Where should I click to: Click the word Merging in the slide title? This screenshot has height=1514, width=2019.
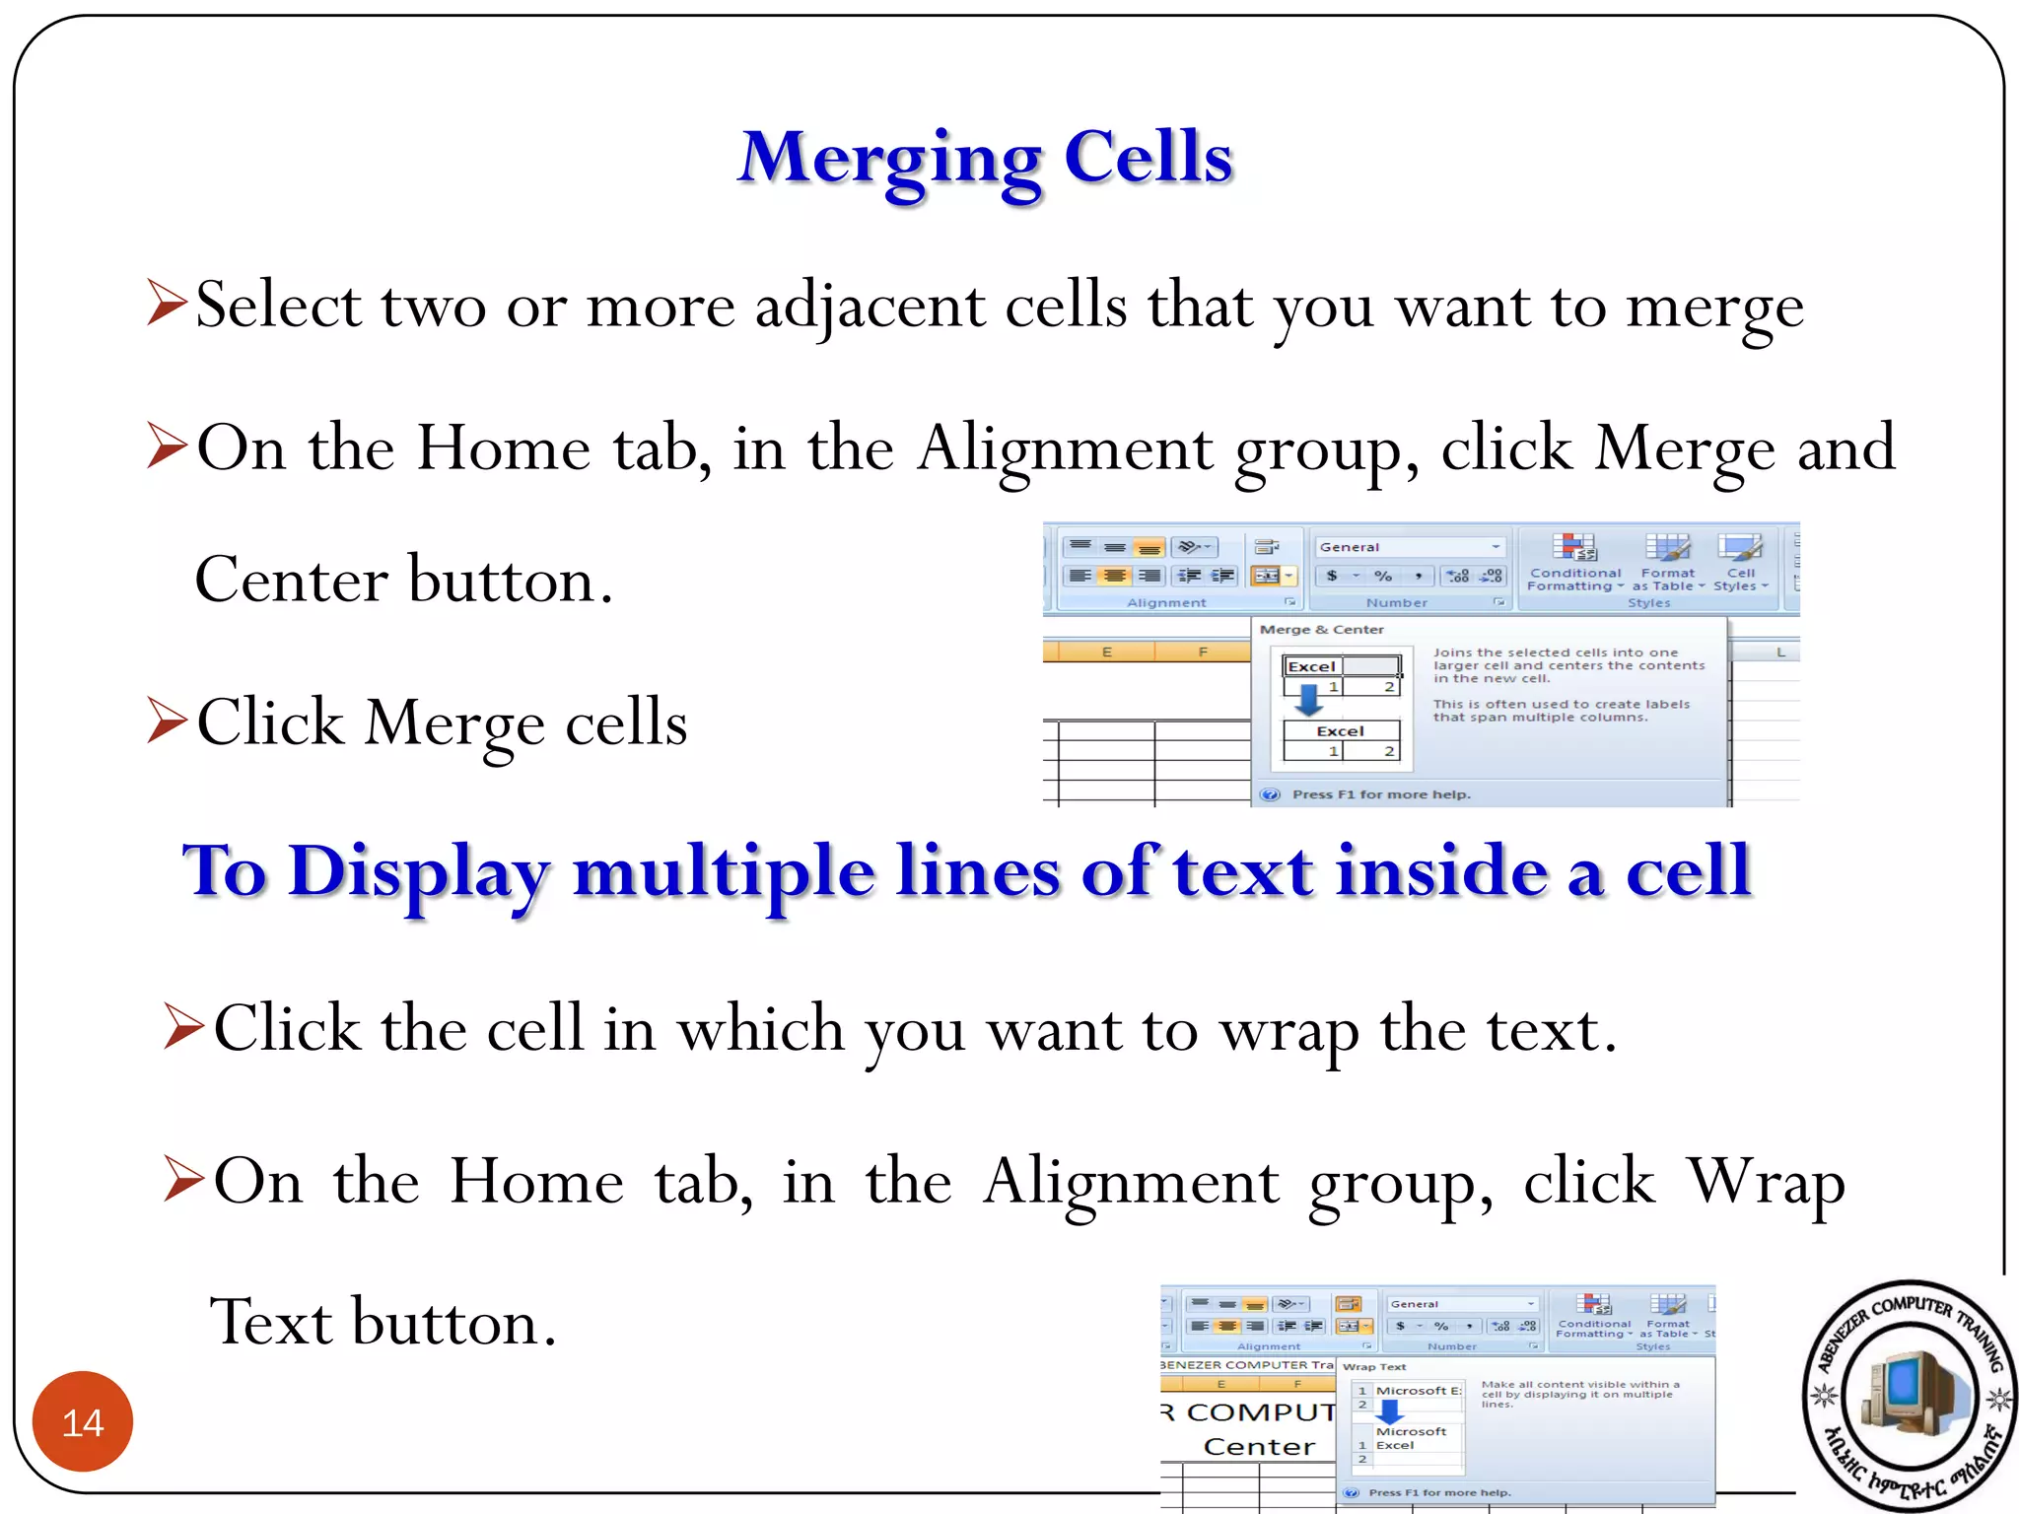tap(890, 160)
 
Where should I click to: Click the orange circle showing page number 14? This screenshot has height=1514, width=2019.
tap(83, 1421)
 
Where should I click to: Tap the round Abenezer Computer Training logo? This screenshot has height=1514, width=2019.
tap(1909, 1396)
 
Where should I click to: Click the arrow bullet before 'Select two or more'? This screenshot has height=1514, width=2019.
tap(167, 302)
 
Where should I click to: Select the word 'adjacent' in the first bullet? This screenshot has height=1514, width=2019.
tap(870, 306)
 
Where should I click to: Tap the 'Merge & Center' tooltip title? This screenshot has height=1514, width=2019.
tap(1321, 630)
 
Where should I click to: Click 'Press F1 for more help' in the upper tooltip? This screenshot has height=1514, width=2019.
tap(1380, 794)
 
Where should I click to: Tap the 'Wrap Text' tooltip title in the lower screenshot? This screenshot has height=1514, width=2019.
tap(1374, 1367)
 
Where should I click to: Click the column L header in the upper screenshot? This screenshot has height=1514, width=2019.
tap(1780, 653)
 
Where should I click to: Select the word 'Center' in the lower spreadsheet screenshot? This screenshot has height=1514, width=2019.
tap(1259, 1447)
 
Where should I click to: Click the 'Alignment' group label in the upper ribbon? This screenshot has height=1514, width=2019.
tap(1166, 603)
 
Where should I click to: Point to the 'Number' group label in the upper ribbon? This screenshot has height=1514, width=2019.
tap(1396, 603)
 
